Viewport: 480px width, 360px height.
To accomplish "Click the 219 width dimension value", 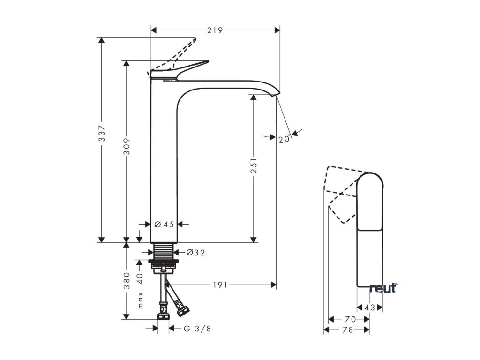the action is pyautogui.click(x=215, y=30).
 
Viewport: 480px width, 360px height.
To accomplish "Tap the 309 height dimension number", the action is pyautogui.click(x=127, y=146).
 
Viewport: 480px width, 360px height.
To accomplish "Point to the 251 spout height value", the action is pyautogui.click(x=253, y=165).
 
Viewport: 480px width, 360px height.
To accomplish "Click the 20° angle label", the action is pyautogui.click(x=285, y=139).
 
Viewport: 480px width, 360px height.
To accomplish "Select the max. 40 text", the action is pyautogui.click(x=140, y=291).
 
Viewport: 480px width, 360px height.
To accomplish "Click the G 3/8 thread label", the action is pyautogui.click(x=197, y=329).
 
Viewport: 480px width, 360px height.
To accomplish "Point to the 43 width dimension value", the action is pyautogui.click(x=370, y=307).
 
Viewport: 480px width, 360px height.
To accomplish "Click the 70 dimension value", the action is pyautogui.click(x=350, y=319).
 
